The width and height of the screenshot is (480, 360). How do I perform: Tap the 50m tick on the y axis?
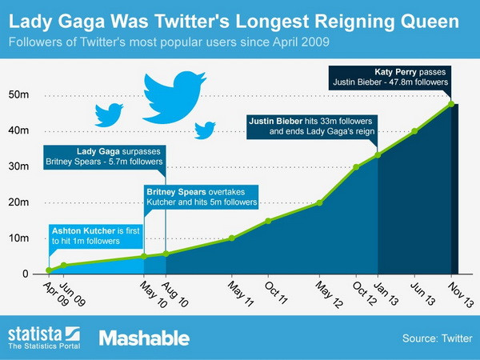[x=19, y=95]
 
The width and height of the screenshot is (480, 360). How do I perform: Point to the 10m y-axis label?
[x=19, y=238]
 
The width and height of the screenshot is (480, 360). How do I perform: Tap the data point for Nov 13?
[x=451, y=104]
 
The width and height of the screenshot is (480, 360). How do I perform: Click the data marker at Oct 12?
[x=357, y=167]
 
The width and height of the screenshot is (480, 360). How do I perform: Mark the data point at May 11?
[x=231, y=238]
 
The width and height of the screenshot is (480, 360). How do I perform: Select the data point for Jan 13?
[x=378, y=154]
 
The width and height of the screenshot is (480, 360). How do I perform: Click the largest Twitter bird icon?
[x=174, y=94]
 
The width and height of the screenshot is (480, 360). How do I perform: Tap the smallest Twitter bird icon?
[x=206, y=129]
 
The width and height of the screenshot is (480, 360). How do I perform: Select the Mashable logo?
[x=144, y=337]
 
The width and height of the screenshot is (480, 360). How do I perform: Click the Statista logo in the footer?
[x=43, y=337]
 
